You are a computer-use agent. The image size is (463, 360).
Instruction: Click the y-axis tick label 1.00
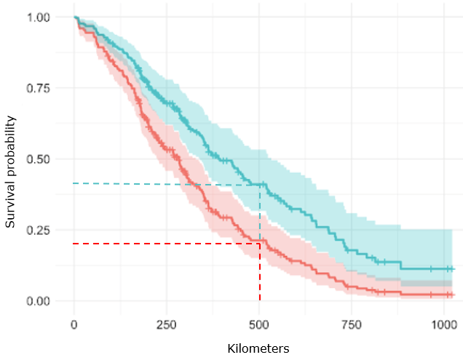point(38,17)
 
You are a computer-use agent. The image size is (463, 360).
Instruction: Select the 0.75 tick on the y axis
point(38,88)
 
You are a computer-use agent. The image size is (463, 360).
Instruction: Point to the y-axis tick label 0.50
point(38,159)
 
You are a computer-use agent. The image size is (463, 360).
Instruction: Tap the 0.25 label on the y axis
point(38,230)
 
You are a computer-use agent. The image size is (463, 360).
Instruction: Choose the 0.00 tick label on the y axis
point(38,301)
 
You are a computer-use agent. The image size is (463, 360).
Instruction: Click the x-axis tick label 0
point(74,323)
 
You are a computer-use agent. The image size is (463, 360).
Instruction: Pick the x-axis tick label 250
point(167,323)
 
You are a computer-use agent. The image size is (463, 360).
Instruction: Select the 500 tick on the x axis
point(260,323)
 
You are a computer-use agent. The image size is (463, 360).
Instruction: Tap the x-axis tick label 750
point(352,323)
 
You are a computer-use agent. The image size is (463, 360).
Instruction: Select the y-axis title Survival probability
point(11,159)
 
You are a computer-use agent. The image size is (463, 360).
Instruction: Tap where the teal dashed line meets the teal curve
point(260,184)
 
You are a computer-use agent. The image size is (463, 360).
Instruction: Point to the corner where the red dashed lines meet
point(260,244)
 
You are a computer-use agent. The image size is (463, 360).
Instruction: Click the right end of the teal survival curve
point(452,268)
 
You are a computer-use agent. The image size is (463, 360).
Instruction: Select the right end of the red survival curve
point(452,295)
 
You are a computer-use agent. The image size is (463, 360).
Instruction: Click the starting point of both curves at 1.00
point(75,17)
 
